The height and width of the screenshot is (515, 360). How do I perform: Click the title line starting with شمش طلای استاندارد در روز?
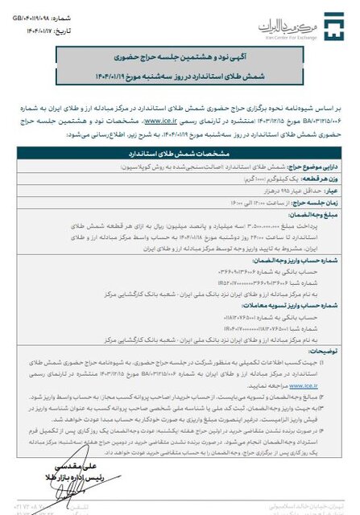pyautogui.click(x=183, y=78)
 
